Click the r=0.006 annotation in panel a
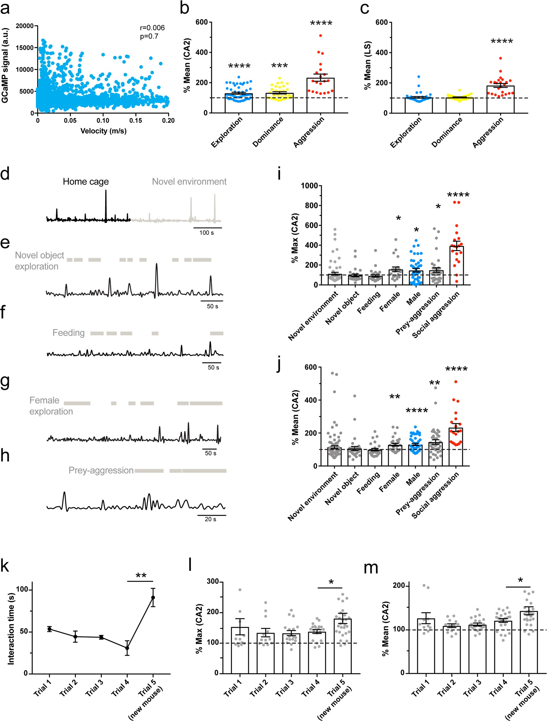tap(152, 28)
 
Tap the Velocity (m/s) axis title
tap(103, 131)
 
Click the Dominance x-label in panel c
tap(447, 132)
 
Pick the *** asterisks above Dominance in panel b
tap(279, 66)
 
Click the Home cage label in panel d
tap(86, 182)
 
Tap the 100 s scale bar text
tap(207, 233)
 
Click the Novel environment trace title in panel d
tap(189, 182)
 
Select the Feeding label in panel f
tap(68, 333)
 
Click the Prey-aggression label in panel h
tap(101, 470)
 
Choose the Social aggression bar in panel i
tap(456, 265)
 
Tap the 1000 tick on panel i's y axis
tap(309, 186)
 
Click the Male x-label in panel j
tap(413, 479)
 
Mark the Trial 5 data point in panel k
tap(153, 597)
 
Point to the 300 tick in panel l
tap(213, 581)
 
